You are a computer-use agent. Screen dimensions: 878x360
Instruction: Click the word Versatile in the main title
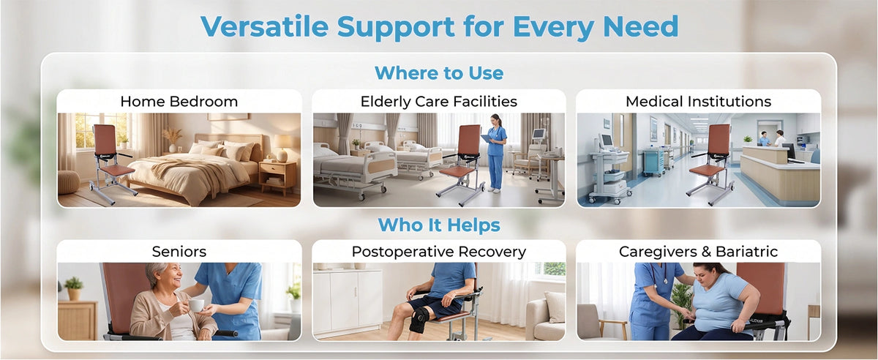(x=265, y=26)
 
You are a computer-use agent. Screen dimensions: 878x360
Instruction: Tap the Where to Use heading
(x=439, y=73)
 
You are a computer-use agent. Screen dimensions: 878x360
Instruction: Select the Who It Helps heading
(x=439, y=225)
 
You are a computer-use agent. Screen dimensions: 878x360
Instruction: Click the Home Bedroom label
(x=179, y=102)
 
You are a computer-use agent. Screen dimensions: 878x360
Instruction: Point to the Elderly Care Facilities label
(x=439, y=102)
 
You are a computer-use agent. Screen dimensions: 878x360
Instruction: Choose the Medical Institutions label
(x=699, y=102)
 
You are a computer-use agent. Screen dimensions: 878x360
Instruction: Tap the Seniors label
(x=179, y=252)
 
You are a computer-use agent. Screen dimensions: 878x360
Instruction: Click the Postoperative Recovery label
(x=439, y=252)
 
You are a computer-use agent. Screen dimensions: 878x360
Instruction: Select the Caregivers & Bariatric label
(x=699, y=252)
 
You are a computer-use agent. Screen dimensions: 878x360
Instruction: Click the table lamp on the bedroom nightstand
(x=282, y=148)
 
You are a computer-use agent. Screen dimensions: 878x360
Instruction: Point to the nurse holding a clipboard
(x=496, y=153)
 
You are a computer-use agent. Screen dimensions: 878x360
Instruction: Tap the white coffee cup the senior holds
(x=196, y=305)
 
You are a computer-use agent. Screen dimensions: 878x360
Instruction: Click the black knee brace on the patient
(x=419, y=319)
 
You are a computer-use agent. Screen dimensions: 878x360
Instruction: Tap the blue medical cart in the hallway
(x=653, y=161)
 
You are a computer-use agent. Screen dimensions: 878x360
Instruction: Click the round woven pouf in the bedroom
(x=69, y=182)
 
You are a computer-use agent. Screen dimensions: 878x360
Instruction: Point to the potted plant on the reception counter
(x=748, y=140)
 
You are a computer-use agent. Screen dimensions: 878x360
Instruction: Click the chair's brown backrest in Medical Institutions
(x=719, y=140)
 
